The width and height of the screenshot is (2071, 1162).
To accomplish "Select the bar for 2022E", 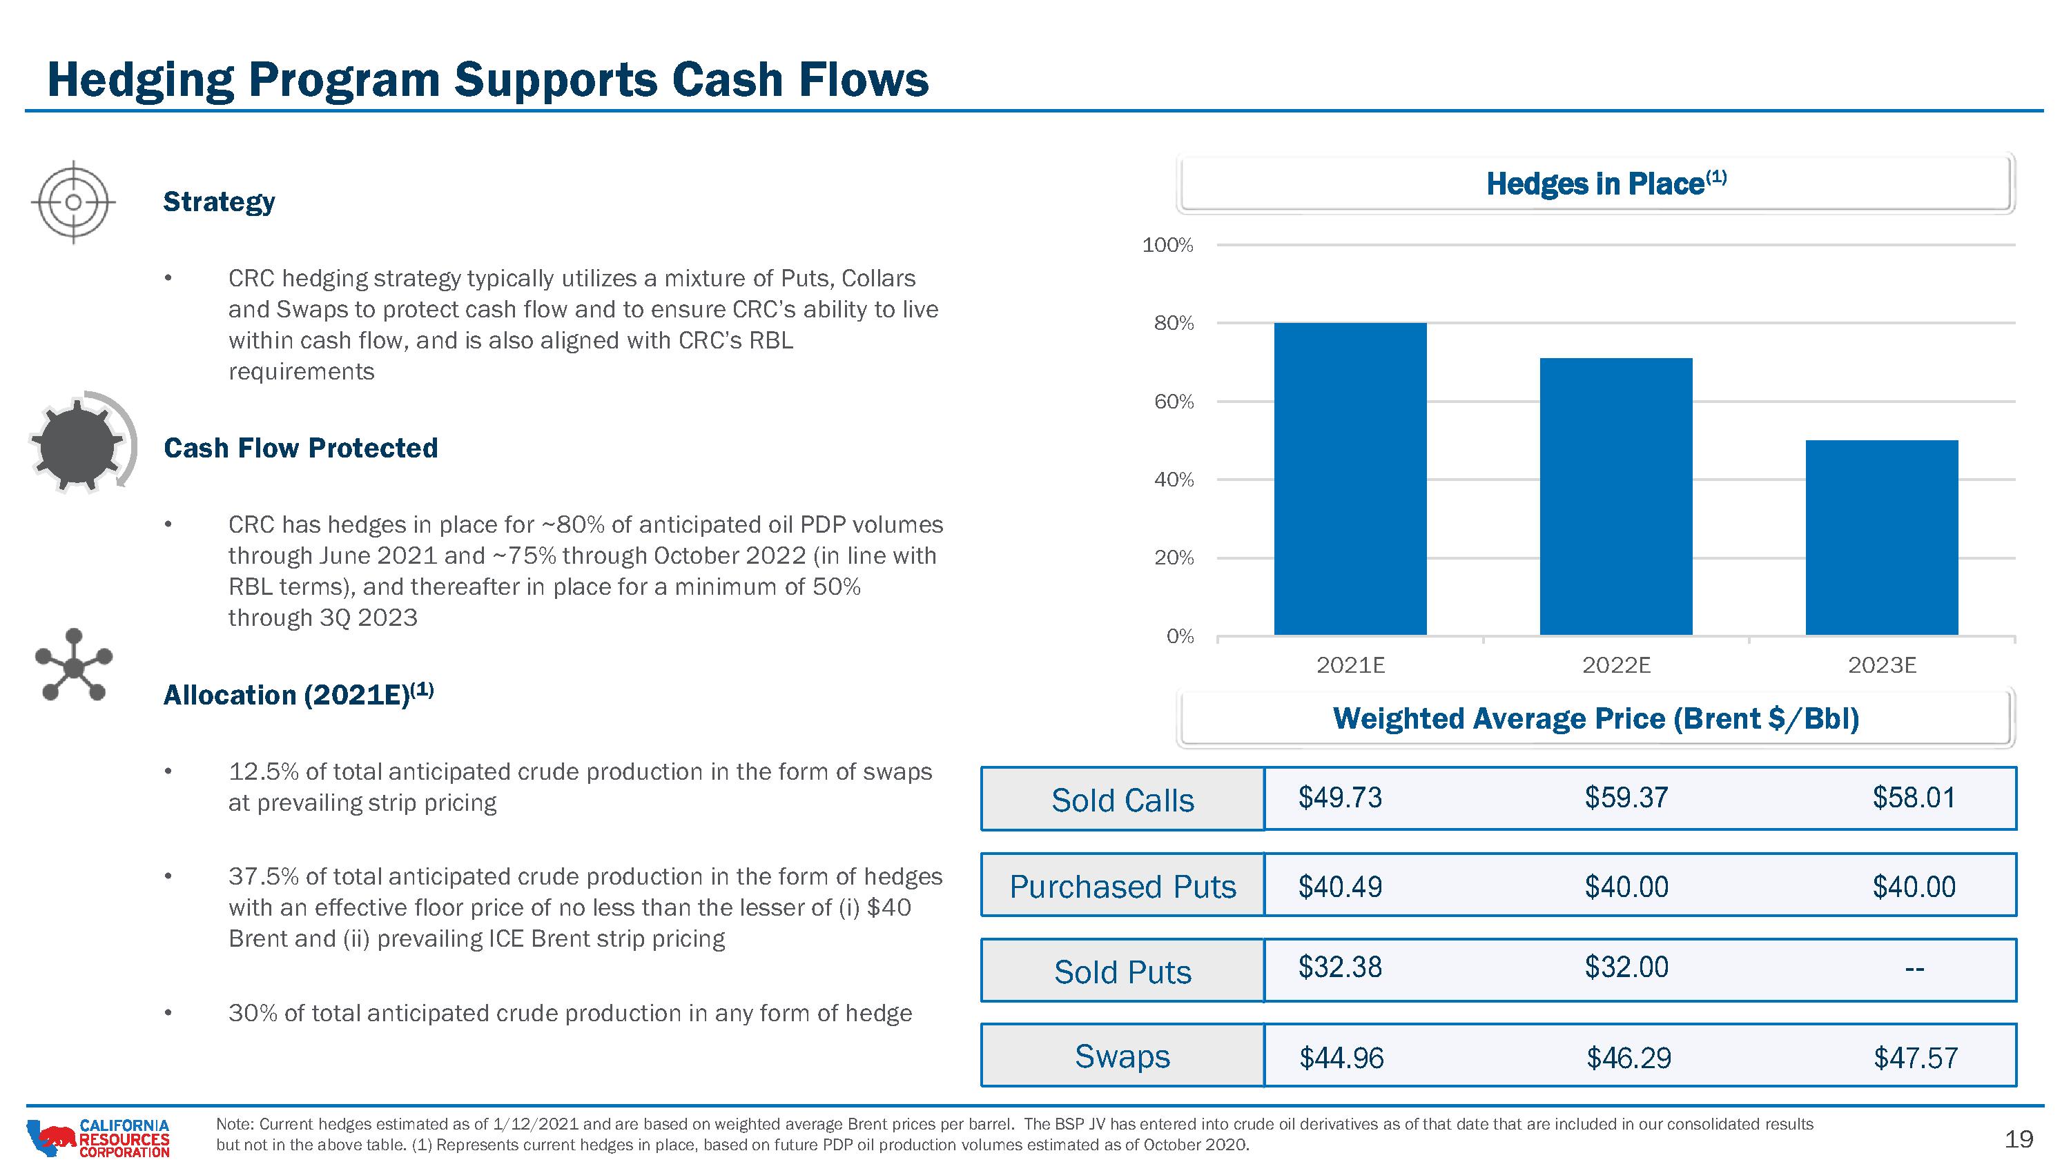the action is (1616, 497).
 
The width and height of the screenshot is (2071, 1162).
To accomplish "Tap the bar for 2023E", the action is (1882, 538).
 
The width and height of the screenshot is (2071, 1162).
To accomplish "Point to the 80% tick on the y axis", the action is (1174, 324).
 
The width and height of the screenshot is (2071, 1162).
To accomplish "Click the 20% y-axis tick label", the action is (1174, 558).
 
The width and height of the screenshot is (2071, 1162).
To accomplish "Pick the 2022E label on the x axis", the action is (1616, 665).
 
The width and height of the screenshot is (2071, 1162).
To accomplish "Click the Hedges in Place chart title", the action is (1606, 184).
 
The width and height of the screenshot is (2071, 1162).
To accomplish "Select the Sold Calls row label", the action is (1122, 800).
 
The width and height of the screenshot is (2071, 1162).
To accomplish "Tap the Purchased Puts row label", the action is (1122, 887).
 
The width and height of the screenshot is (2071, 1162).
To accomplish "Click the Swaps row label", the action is (1122, 1056).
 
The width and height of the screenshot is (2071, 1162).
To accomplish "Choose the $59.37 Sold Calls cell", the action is (1626, 797).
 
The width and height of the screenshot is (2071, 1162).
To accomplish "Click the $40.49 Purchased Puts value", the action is (1340, 887).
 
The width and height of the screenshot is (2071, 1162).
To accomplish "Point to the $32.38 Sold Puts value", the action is (1340, 967).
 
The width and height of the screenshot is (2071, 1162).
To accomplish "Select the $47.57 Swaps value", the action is (1916, 1058).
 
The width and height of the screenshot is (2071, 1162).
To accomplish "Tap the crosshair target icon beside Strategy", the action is (73, 201).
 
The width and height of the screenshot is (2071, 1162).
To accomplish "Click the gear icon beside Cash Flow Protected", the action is (77, 444).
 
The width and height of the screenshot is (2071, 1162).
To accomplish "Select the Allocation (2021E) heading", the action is (298, 693).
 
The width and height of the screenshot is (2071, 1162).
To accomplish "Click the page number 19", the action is (2019, 1139).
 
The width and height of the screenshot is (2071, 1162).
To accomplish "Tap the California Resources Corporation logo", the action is (98, 1138).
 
